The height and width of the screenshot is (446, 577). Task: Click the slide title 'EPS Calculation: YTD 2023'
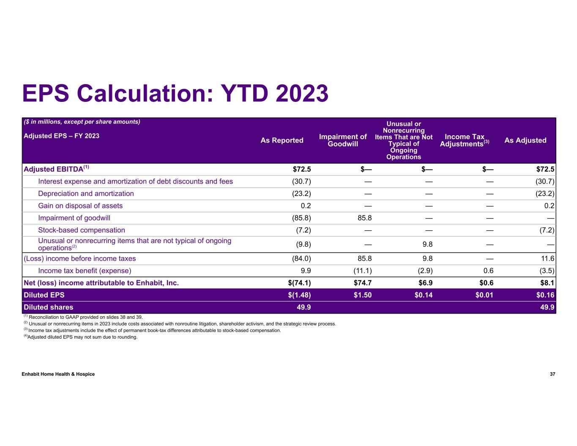(175, 93)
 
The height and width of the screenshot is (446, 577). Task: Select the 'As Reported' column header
(282, 140)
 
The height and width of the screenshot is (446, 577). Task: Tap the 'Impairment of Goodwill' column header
(342, 140)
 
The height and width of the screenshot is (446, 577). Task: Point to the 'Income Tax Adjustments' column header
(464, 140)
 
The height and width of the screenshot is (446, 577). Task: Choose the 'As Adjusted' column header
(525, 140)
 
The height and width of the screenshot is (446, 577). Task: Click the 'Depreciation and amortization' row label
(86, 194)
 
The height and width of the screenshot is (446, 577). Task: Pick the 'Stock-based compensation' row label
(82, 230)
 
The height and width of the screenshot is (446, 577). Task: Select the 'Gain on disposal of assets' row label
(80, 206)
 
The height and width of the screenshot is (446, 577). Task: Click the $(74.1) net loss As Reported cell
(299, 283)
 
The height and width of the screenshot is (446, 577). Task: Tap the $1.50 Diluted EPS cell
(362, 295)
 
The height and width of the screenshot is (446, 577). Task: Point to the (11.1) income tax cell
(362, 271)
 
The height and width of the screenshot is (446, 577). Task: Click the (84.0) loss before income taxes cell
(301, 259)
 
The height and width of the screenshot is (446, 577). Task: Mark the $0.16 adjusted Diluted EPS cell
(545, 295)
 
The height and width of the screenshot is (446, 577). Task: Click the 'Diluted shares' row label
(48, 307)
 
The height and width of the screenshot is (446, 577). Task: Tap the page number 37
(552, 374)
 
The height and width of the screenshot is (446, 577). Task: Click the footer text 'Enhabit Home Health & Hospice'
(58, 374)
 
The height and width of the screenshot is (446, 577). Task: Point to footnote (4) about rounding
(81, 337)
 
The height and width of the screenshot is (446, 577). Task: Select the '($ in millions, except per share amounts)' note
(82, 122)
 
